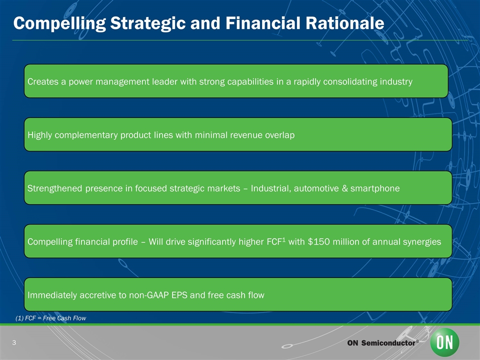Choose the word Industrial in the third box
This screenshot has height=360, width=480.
coord(269,188)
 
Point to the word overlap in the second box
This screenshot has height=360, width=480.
coord(278,135)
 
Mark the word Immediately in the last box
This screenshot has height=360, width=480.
coord(52,295)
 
